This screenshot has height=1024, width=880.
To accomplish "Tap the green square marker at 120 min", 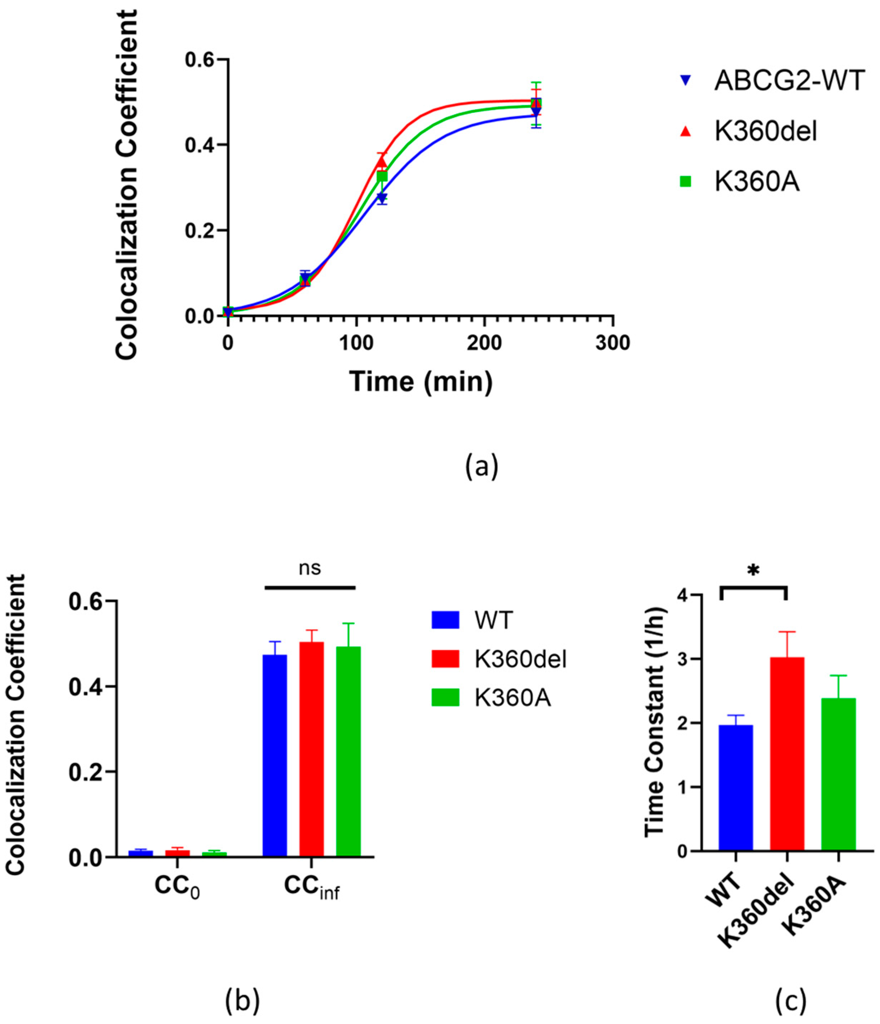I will tap(382, 177).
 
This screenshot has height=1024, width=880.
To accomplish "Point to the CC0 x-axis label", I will tap(177, 886).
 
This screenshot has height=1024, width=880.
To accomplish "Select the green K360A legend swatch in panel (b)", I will tap(445, 698).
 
